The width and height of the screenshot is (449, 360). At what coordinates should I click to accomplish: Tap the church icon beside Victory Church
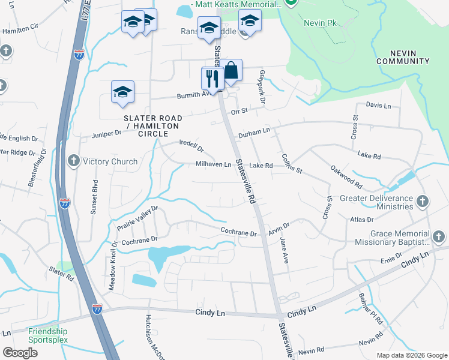coord(73,161)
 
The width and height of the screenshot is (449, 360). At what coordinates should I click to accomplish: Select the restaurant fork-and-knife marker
coord(212,78)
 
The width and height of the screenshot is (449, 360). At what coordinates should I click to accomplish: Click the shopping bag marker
coord(231,71)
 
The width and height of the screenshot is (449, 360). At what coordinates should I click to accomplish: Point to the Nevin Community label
coord(403,57)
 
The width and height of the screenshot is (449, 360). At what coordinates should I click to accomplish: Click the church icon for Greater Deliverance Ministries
coord(422,201)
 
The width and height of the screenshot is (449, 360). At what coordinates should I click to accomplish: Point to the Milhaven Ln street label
coord(213,164)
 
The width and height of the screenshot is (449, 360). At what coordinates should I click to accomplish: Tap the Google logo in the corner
coord(20,352)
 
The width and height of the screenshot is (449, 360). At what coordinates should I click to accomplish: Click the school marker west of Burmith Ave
coord(122,92)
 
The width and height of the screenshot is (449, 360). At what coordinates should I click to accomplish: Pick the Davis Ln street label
coord(378,106)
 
